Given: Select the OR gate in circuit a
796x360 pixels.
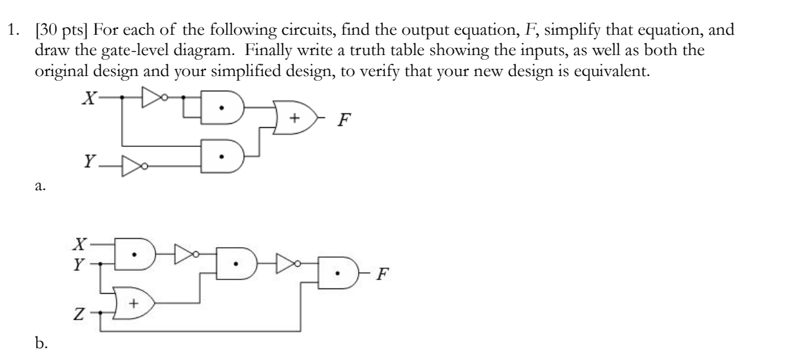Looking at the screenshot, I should coord(292,117).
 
